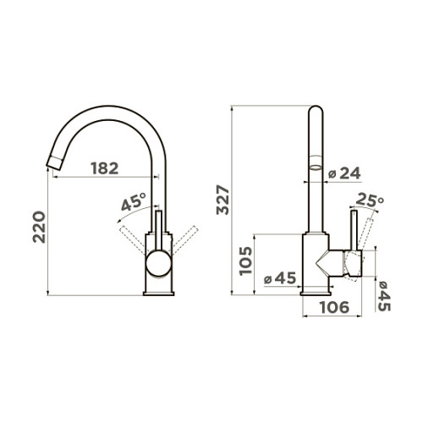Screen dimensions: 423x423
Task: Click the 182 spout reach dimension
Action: [105, 168]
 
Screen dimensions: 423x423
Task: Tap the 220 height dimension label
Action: [39, 227]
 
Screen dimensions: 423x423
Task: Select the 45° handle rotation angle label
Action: [134, 201]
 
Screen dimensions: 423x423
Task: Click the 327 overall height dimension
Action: [222, 200]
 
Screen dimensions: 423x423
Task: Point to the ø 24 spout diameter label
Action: [344, 173]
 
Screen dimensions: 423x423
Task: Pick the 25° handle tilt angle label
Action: [370, 200]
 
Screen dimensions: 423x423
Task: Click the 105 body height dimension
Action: [245, 261]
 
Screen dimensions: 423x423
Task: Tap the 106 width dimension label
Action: [335, 307]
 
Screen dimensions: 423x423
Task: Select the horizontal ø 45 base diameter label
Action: [280, 278]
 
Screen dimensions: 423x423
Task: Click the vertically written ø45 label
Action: [384, 296]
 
